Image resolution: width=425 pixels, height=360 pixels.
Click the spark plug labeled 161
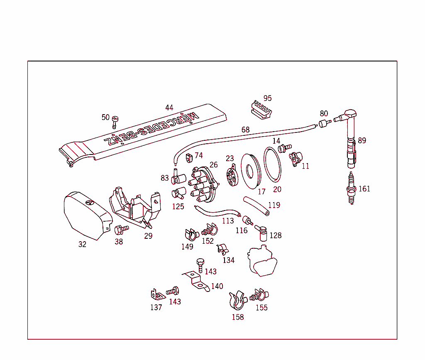(352, 189)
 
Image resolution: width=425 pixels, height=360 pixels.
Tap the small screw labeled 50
(115, 122)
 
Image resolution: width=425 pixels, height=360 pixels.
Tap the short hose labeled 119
(256, 206)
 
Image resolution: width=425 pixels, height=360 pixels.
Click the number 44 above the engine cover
(169, 108)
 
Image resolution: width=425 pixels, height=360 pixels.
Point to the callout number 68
(246, 130)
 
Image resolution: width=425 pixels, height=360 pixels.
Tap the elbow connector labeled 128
(262, 232)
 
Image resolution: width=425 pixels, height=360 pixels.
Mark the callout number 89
(362, 141)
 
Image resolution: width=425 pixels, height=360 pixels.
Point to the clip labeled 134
(222, 249)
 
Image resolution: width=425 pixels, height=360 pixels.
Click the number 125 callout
(178, 206)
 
